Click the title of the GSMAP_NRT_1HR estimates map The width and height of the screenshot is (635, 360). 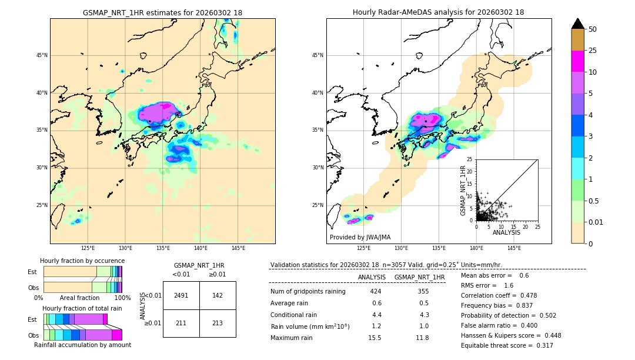[x=162, y=12]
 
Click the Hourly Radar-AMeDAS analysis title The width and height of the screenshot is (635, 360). [x=439, y=12]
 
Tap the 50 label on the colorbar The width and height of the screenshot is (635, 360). [x=593, y=29]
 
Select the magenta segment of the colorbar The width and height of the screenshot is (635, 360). [x=578, y=61]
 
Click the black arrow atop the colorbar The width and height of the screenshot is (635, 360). [x=578, y=24]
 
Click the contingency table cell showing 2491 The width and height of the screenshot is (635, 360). [x=181, y=295]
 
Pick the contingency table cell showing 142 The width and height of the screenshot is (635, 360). [x=218, y=295]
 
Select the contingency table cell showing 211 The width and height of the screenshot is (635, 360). [x=181, y=322]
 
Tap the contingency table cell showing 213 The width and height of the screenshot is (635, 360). [x=218, y=322]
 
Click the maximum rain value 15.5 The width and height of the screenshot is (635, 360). [x=375, y=338]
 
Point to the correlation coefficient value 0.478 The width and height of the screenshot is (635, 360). [x=526, y=295]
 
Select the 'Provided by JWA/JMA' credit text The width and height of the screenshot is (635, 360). [x=360, y=238]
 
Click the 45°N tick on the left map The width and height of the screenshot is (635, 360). [x=42, y=55]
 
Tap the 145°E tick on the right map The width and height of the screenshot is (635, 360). [x=514, y=248]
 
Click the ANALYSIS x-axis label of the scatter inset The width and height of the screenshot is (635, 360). [x=506, y=232]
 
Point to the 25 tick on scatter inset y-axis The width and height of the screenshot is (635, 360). [x=470, y=159]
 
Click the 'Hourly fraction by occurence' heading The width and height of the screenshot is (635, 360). [x=82, y=261]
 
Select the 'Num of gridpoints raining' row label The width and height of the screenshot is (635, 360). [x=308, y=292]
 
